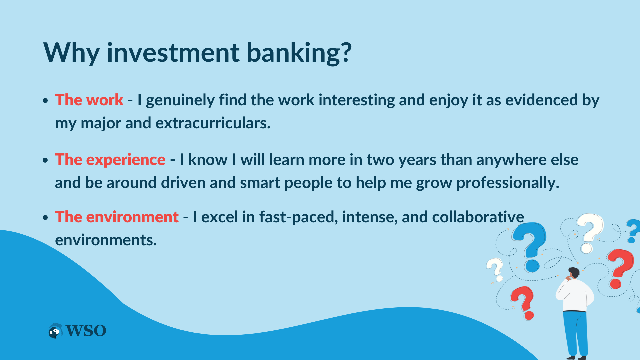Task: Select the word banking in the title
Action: (299, 53)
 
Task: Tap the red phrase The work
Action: (89, 100)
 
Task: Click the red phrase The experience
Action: (110, 160)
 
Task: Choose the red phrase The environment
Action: (117, 217)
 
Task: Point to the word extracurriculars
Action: (213, 123)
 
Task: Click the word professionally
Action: (508, 183)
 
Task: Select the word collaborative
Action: (478, 217)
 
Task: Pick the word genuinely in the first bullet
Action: (180, 100)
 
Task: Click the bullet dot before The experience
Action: (46, 160)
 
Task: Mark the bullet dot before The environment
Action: (46, 218)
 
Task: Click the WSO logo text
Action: (86, 331)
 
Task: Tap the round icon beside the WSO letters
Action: (55, 331)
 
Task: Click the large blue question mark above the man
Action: (530, 247)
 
